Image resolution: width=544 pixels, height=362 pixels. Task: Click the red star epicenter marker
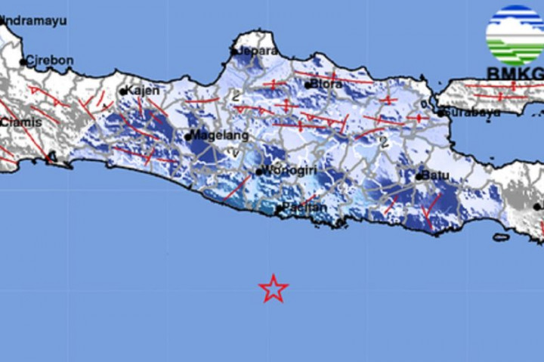pos(273,289)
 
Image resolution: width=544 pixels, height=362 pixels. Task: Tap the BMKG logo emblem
pos(515,35)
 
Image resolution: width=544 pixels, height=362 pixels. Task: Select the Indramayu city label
pos(35,20)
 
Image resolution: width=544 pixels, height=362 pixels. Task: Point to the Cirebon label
pos(50,61)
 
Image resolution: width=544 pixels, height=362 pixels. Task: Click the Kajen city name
pos(144,91)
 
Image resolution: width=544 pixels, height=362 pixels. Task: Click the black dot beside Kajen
pos(123,91)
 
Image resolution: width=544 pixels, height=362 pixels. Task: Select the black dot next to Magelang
pos(188,137)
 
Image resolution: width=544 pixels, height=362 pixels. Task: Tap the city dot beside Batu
pos(419,177)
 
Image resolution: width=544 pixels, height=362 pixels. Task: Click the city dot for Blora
pos(308,84)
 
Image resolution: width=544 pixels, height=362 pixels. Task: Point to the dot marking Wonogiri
pos(259,172)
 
